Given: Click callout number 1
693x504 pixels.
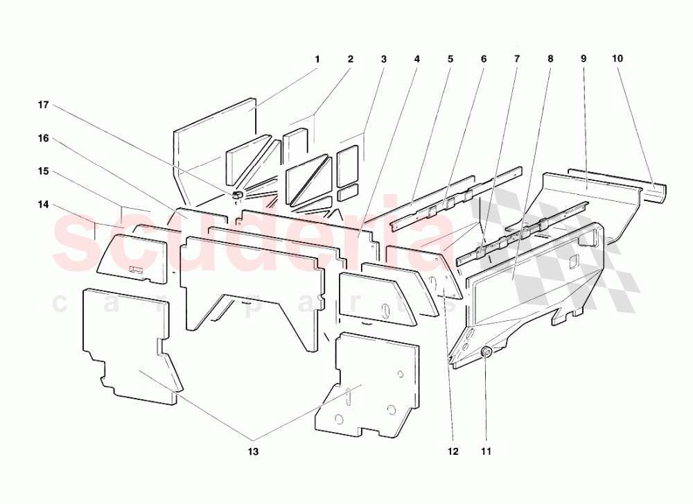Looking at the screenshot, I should click(x=317, y=59).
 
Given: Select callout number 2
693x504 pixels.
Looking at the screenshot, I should click(x=351, y=59).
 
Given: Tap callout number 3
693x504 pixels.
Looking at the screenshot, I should click(x=383, y=59).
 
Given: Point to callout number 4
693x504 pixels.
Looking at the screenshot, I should click(x=416, y=59).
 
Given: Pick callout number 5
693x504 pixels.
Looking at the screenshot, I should click(x=450, y=59).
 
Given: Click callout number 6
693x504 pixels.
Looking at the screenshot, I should click(x=484, y=59).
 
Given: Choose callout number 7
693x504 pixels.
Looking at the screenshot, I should click(x=516, y=59).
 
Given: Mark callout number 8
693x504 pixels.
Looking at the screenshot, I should click(x=550, y=59).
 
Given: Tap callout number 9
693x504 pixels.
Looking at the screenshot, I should click(x=584, y=59).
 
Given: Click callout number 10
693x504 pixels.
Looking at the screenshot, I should click(x=617, y=59).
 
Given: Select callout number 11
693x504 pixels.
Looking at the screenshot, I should click(x=486, y=451).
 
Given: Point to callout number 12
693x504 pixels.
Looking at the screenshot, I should click(x=453, y=451).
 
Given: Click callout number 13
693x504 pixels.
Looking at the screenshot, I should click(x=253, y=451).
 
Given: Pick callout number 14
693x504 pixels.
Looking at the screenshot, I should click(x=44, y=205).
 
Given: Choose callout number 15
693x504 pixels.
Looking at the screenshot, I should click(x=44, y=171).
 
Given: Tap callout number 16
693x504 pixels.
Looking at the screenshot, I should click(x=44, y=138).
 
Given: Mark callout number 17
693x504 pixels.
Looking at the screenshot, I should click(x=44, y=105).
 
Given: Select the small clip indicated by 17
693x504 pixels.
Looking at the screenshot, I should click(x=236, y=193).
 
